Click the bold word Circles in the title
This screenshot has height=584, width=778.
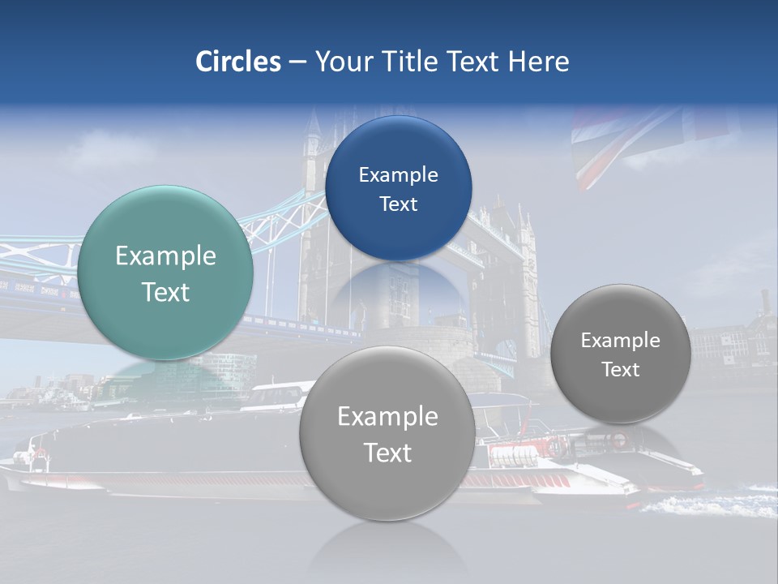(237, 62)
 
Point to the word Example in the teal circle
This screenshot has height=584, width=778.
(165, 256)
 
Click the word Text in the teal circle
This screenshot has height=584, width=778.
(165, 292)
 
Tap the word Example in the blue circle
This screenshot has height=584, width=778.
(398, 175)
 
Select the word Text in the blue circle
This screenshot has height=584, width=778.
(398, 204)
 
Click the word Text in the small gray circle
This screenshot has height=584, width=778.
(621, 370)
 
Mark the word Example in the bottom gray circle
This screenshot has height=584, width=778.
(387, 417)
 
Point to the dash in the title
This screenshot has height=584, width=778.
(297, 62)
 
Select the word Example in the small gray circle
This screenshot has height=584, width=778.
(620, 341)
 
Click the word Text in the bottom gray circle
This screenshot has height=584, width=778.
(387, 453)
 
